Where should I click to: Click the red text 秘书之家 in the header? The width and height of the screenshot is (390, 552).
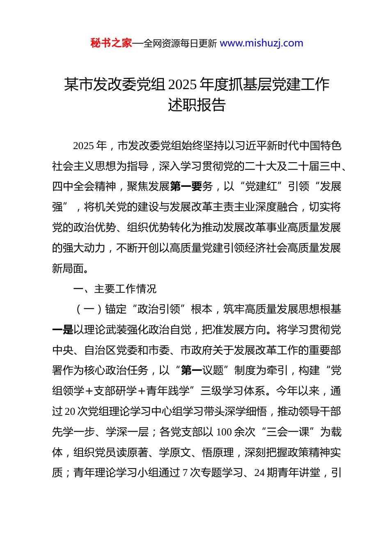[x=111, y=43]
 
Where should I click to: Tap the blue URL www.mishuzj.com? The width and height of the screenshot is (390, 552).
[x=262, y=43]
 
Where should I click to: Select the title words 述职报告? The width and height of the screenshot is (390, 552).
[x=197, y=105]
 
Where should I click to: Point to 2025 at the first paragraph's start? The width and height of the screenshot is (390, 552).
[x=84, y=146]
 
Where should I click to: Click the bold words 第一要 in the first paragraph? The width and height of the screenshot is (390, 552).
[x=186, y=186]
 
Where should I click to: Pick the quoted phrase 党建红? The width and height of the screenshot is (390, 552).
[x=261, y=186]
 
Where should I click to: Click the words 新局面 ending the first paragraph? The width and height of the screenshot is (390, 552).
[x=68, y=268]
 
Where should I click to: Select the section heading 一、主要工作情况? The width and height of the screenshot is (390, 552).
[x=115, y=289]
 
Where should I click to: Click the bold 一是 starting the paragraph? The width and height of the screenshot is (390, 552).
[x=62, y=330]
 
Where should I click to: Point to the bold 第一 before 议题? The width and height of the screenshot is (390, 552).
[x=191, y=370]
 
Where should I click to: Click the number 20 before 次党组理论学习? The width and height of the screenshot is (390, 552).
[x=70, y=412]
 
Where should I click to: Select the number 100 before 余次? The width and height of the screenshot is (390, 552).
[x=224, y=432]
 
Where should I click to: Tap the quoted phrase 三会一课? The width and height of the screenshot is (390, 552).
[x=288, y=432]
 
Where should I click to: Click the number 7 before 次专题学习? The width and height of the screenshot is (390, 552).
[x=185, y=473]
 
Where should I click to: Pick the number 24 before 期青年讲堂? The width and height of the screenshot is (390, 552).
[x=259, y=473]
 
